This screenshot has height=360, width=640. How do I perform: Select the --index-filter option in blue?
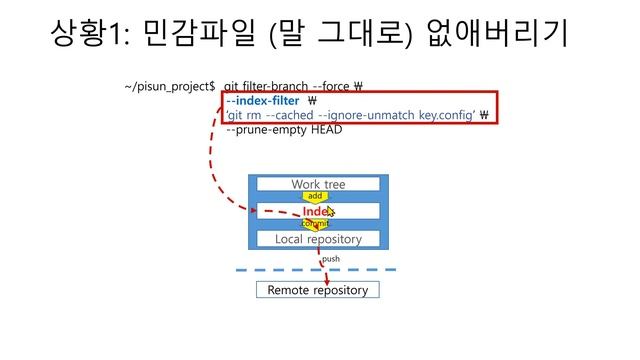pos(263,101)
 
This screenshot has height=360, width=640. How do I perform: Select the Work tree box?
pos(317,184)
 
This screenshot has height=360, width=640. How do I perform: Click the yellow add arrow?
pos(315,196)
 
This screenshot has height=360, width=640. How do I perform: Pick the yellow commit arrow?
pos(315,224)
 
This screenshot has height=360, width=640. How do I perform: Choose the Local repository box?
pos(317,239)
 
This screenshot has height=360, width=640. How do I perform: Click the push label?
pos(331,258)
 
